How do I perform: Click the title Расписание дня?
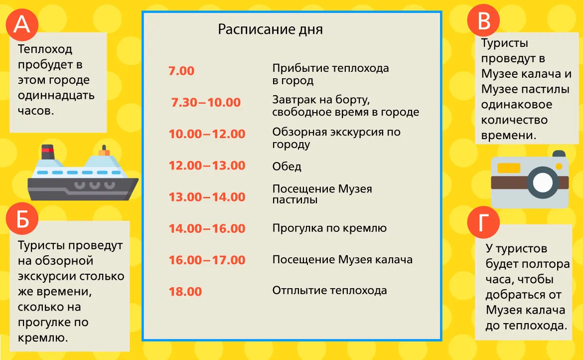pos(270,29)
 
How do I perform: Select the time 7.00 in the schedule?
pos(181,71)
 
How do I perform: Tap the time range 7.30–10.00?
pos(206,102)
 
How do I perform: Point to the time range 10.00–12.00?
pos(207,134)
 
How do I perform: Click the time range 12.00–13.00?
pos(207,166)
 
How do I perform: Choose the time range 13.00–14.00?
pos(207,197)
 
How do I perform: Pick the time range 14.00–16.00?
pos(207,228)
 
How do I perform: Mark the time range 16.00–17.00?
pos(207,260)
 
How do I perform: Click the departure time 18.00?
pos(185,292)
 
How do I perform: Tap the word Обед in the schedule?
pos(287,166)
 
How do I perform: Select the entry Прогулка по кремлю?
pos(329,228)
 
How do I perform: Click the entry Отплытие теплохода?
pos(329,290)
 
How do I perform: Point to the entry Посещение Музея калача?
pos(342,259)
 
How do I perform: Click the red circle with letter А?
pos(22,24)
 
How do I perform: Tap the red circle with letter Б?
pos(22,218)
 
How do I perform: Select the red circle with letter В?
pos(483,20)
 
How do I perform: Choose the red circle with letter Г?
pos(483,222)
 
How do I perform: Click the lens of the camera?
pos(543,182)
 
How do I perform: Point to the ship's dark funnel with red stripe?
pos(48,152)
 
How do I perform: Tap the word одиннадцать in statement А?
pos(56,96)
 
